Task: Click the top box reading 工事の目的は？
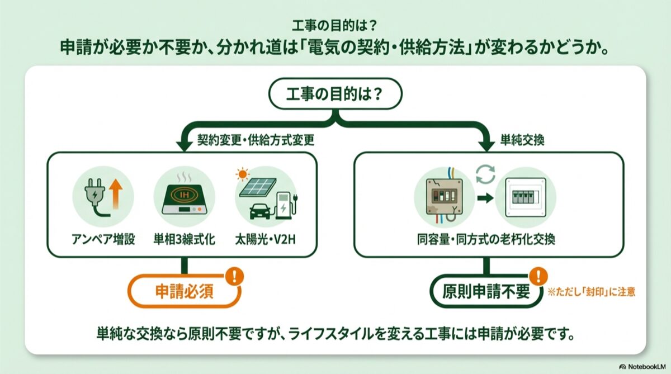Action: [x=335, y=93]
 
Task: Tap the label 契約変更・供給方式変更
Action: [x=256, y=140]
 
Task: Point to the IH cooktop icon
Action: [x=184, y=199]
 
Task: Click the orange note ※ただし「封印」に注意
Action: [x=592, y=291]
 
